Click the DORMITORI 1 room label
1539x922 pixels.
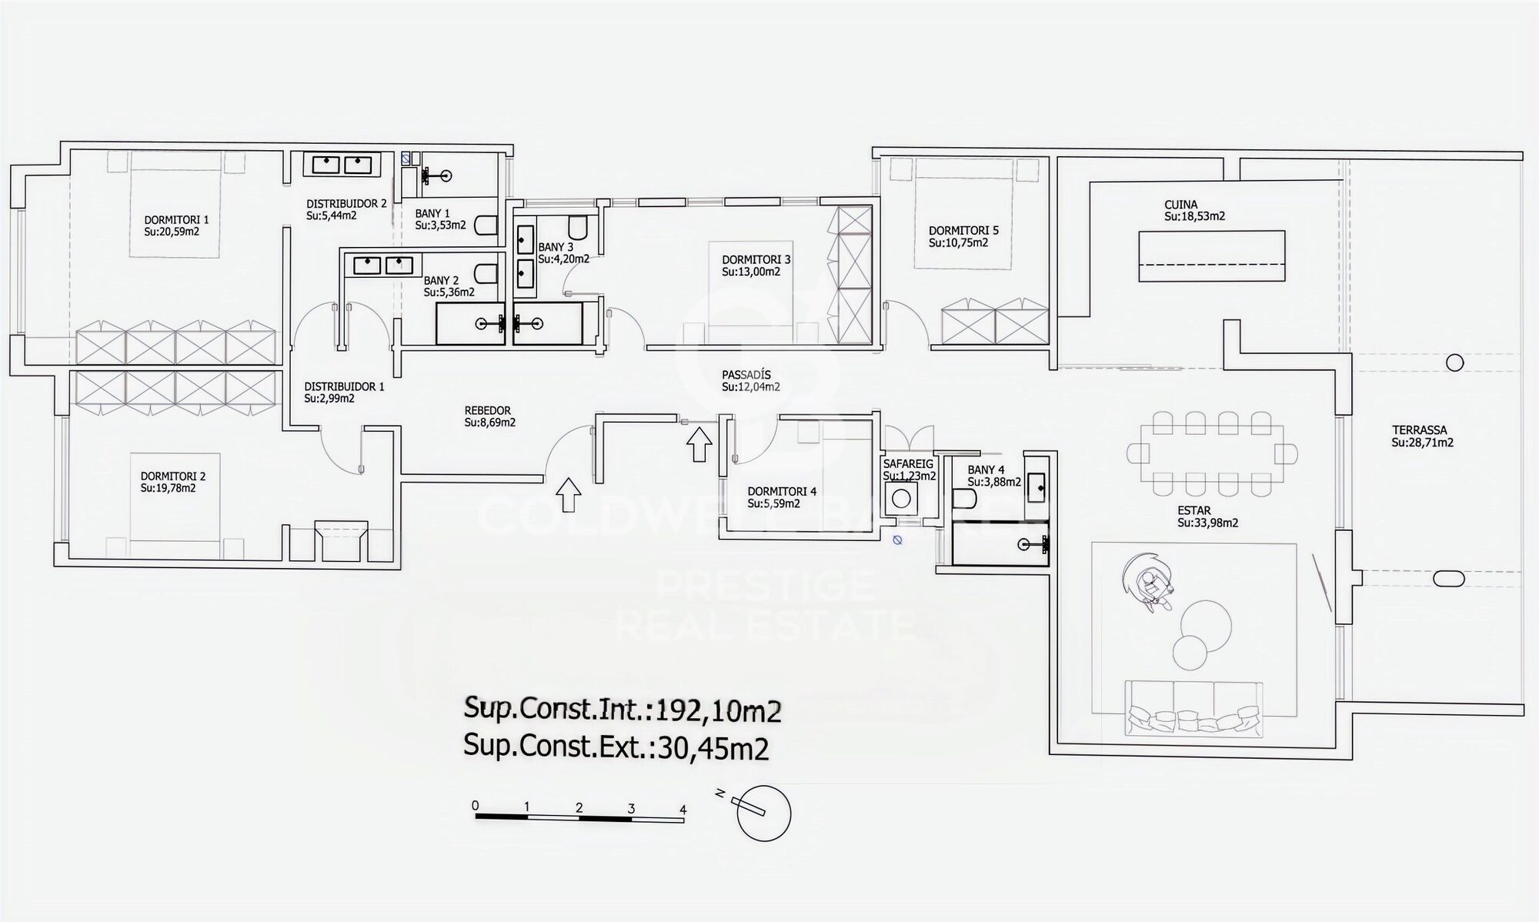(176, 219)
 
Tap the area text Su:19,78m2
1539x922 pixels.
(168, 488)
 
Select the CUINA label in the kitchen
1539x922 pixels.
(1180, 205)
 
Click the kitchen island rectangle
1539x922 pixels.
(1211, 256)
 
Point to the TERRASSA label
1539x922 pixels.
(1419, 430)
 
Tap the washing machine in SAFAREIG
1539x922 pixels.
(900, 499)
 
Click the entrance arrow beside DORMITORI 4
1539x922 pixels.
(699, 444)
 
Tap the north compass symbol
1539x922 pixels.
(763, 813)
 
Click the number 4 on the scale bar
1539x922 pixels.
(683, 809)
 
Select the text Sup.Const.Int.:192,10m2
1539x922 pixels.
(622, 710)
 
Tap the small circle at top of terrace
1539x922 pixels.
(1454, 362)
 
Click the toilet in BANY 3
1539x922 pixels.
(578, 227)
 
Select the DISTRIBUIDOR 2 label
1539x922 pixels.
(346, 203)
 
